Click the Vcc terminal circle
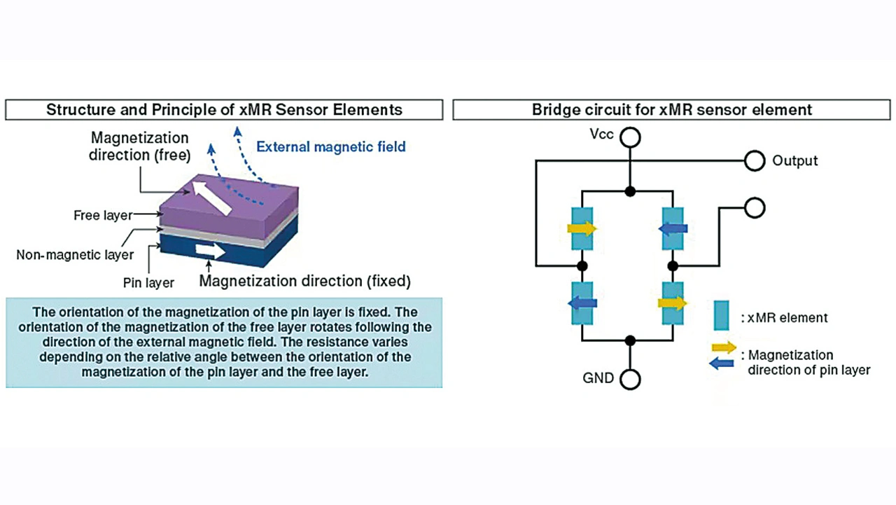point(631,137)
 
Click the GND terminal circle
point(631,379)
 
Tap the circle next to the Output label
point(754,161)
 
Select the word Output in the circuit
point(794,161)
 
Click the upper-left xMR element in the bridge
point(582,228)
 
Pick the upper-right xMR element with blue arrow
point(673,228)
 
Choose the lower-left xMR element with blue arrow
point(582,303)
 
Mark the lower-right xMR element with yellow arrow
point(673,303)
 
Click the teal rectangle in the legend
point(722,315)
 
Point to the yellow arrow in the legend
point(723,347)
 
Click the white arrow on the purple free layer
point(213,198)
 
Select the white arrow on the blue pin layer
point(211,251)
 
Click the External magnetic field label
point(330,147)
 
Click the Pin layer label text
point(149,283)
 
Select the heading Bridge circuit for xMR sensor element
point(671,110)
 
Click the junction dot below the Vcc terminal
point(631,191)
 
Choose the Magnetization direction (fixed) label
point(304,282)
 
